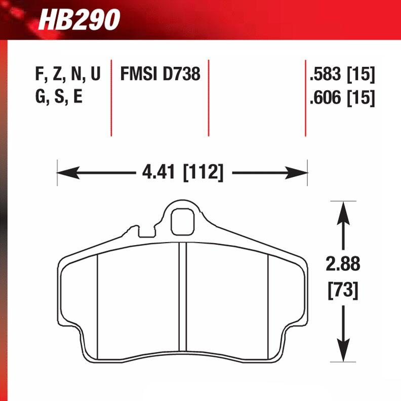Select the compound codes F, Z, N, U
tap(67, 75)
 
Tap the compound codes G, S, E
tap(59, 97)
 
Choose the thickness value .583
tap(325, 75)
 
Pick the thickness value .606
tap(325, 97)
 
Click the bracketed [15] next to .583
tap(360, 75)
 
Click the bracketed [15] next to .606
tap(360, 97)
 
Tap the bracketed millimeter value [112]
tap(203, 173)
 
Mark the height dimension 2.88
tap(344, 264)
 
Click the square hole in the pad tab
tap(181, 221)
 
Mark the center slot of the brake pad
tap(183, 299)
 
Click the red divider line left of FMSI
tap(111, 99)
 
